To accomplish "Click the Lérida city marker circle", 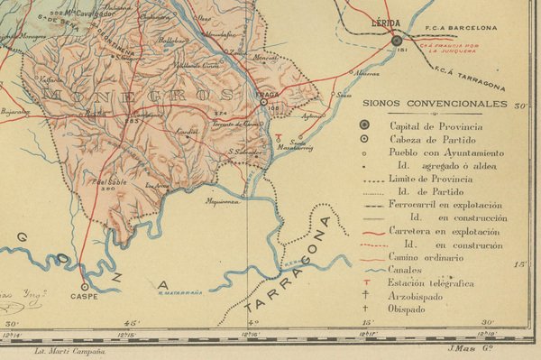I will (397, 41).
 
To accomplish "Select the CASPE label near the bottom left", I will (84, 295).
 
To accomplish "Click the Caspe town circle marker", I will (84, 283).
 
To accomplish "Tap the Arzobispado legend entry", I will (419, 295).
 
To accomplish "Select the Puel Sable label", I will (110, 181).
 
